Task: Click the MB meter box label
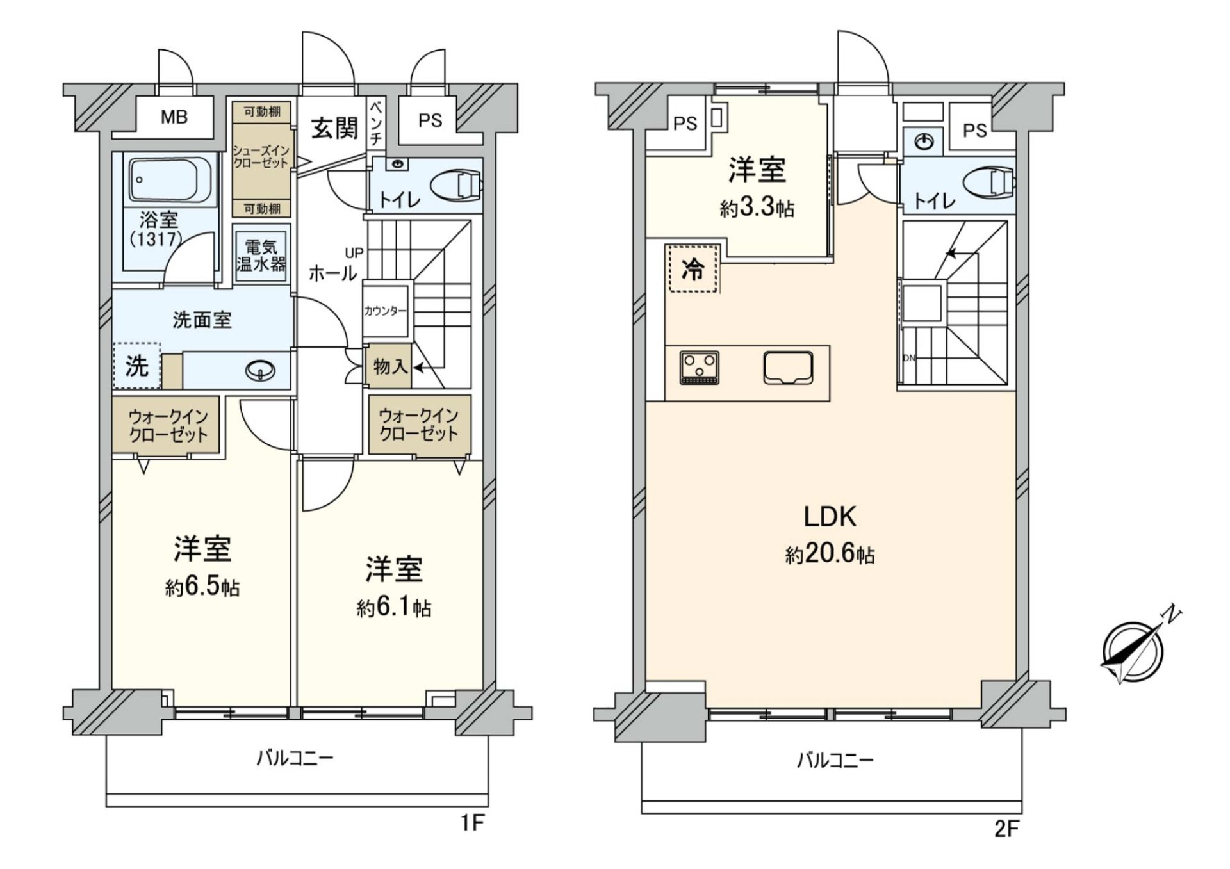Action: pyautogui.click(x=174, y=118)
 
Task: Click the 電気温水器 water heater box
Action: pyautogui.click(x=261, y=255)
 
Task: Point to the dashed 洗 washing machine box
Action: pyautogui.click(x=136, y=366)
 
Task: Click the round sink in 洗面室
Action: pyautogui.click(x=261, y=370)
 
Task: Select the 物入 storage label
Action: pyautogui.click(x=389, y=367)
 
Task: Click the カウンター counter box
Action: pyautogui.click(x=385, y=311)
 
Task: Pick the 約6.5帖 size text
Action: pyautogui.click(x=202, y=587)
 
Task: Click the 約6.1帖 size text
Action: pyautogui.click(x=394, y=607)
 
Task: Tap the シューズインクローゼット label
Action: pyautogui.click(x=261, y=157)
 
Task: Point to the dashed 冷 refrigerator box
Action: pyautogui.click(x=693, y=269)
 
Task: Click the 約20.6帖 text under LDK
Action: pyautogui.click(x=830, y=554)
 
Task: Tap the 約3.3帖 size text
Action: pyautogui.click(x=757, y=208)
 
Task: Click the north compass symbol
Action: pyautogui.click(x=1133, y=654)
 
